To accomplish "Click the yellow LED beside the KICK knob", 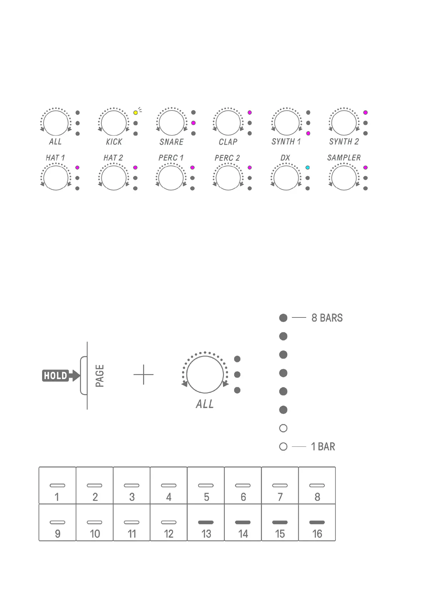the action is point(136,113).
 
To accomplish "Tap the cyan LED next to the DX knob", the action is point(308,168).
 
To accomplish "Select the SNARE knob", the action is point(171,123).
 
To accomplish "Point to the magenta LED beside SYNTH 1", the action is point(308,133).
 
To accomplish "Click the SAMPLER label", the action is point(344,158).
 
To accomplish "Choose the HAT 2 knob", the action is point(113,178).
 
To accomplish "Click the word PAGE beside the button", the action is point(100,376).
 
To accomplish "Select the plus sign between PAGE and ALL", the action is point(143,374).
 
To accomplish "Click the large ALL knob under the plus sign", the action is point(205,374).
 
